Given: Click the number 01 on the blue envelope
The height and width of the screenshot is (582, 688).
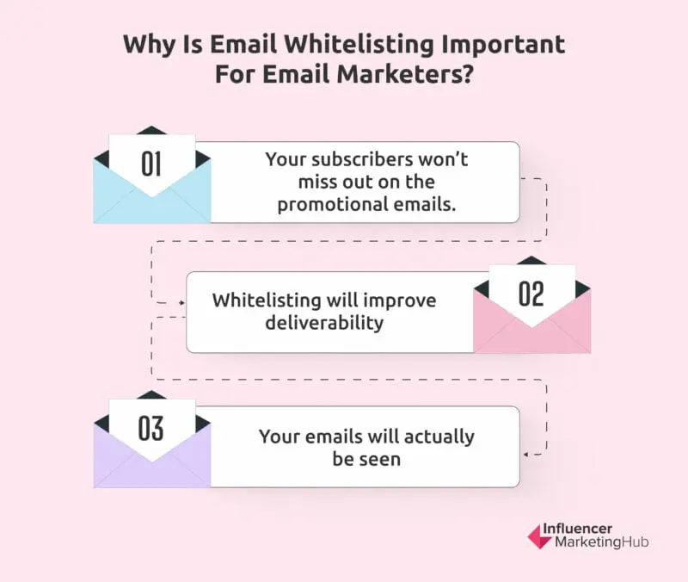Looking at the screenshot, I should [151, 164].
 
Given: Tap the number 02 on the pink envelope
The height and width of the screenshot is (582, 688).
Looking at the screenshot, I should [531, 294].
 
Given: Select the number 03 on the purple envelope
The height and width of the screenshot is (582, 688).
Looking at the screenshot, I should [151, 428].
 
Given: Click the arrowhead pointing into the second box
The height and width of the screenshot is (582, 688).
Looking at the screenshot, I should [181, 303].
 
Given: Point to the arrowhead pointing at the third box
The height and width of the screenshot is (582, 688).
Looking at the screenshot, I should [525, 453].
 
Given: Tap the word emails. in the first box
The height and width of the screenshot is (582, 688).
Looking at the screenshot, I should [429, 205].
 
